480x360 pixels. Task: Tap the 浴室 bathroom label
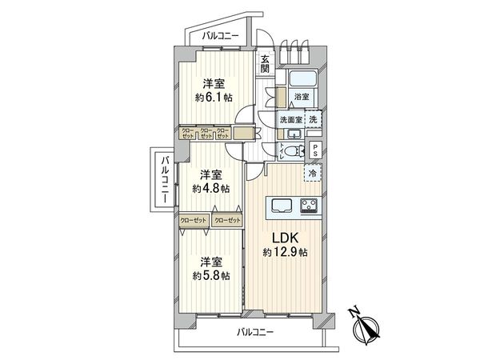pyautogui.click(x=302, y=97)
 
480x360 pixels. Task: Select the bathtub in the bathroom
pyautogui.click(x=302, y=78)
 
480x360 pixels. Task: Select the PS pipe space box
pyautogui.click(x=317, y=150)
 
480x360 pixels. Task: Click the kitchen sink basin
pyautogui.click(x=283, y=206)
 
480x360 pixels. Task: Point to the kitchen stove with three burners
pyautogui.click(x=310, y=206)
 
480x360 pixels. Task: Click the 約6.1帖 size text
pyautogui.click(x=213, y=98)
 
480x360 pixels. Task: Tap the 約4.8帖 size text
pyautogui.click(x=211, y=190)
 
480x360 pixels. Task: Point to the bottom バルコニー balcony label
pyautogui.click(x=255, y=332)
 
